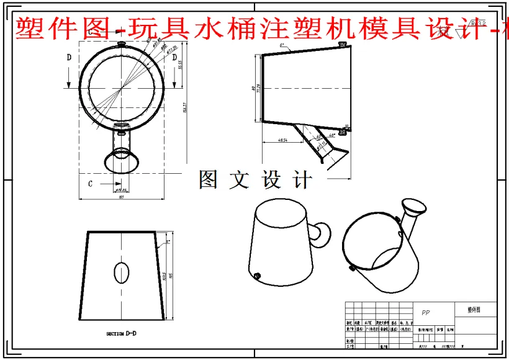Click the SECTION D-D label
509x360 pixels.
click(121, 334)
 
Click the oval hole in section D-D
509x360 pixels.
click(122, 271)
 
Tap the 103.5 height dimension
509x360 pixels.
click(163, 275)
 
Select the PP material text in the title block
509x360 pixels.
click(426, 312)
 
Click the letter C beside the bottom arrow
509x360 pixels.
click(90, 183)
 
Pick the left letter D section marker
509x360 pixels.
click(70, 57)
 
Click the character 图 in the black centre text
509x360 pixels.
click(208, 179)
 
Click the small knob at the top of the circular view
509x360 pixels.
click(122, 43)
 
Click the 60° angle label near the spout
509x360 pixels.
click(318, 137)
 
